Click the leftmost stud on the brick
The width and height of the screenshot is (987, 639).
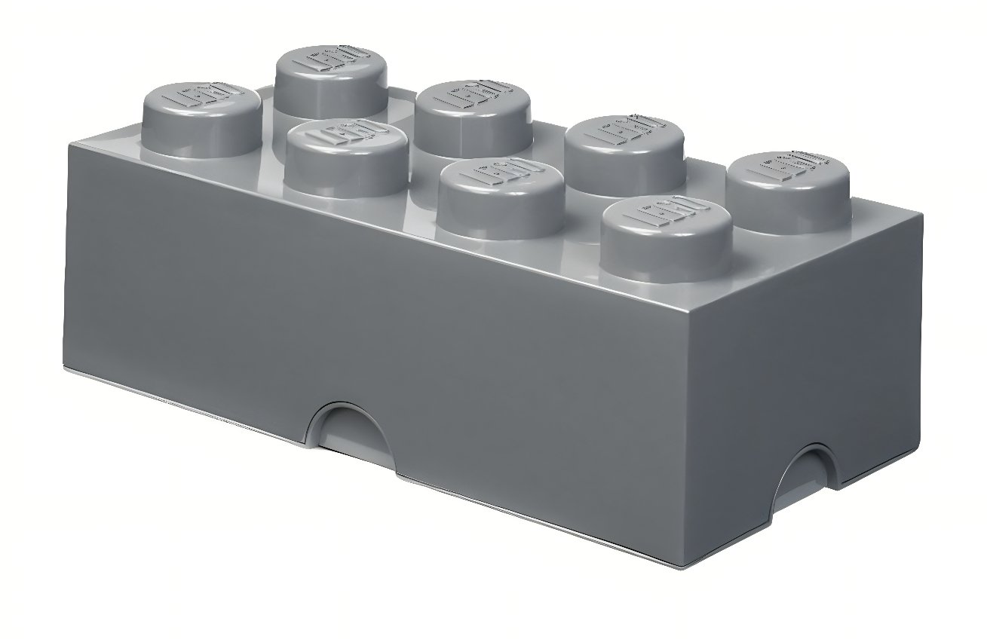coord(202,117)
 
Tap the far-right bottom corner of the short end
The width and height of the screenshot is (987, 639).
coord(921,460)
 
